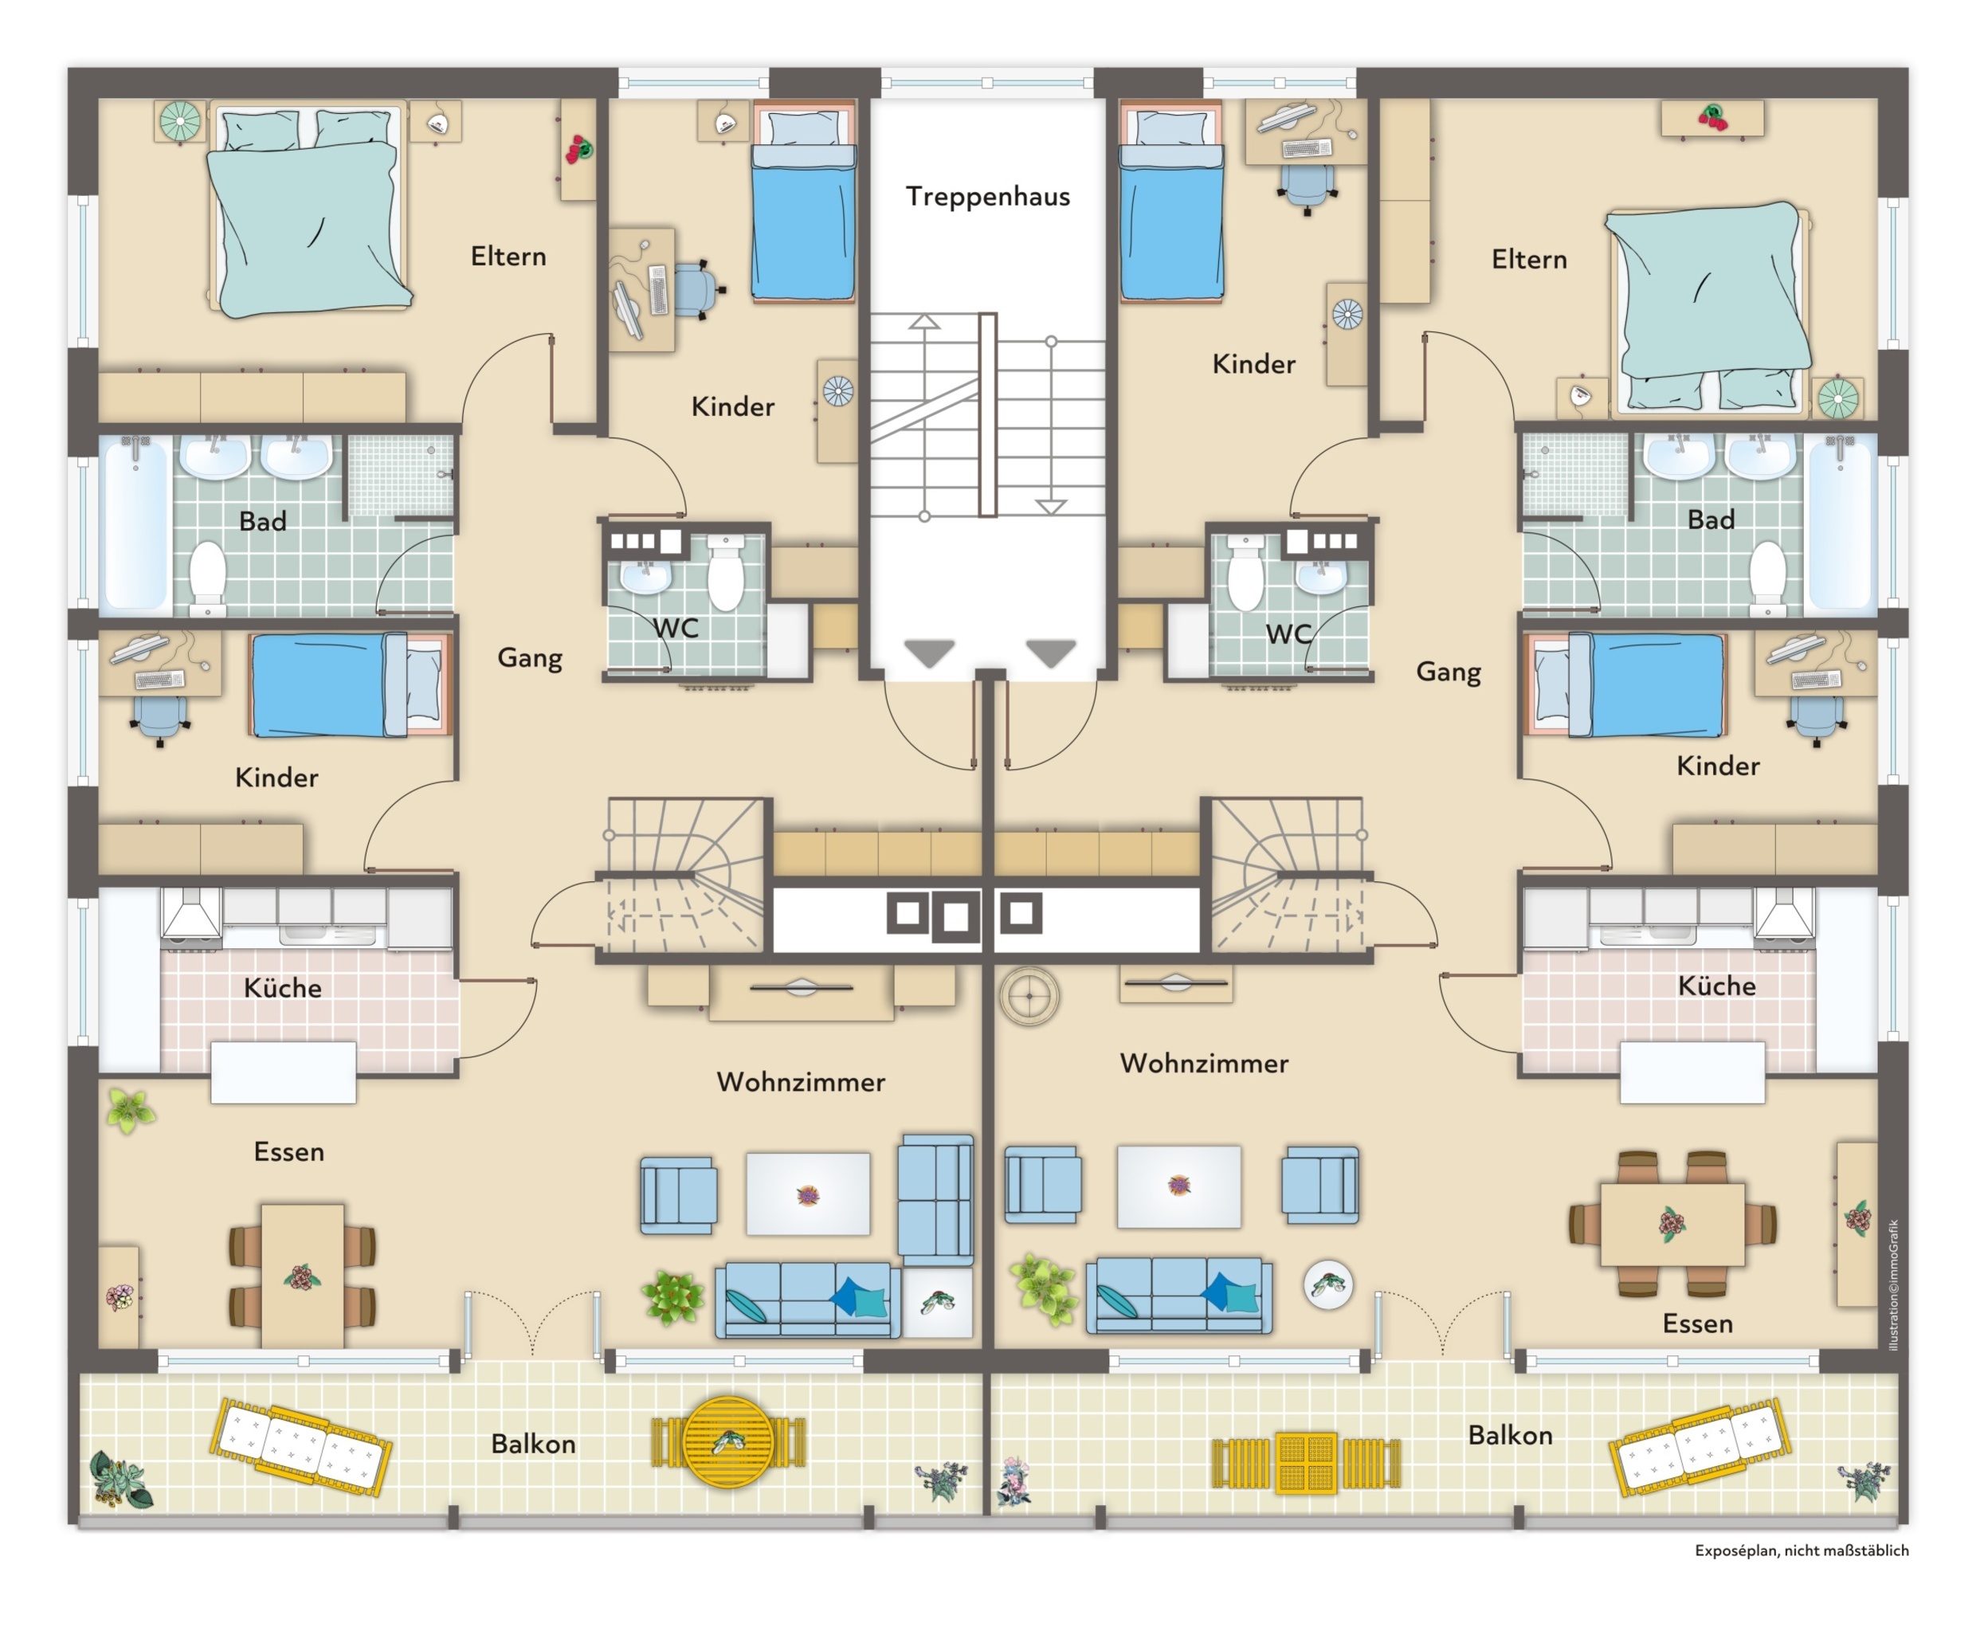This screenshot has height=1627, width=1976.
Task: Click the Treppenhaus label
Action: (987, 197)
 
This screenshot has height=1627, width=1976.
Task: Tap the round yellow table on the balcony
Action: (728, 1441)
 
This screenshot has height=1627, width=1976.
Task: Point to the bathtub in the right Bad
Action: (1839, 525)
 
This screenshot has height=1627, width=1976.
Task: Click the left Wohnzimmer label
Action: (801, 1083)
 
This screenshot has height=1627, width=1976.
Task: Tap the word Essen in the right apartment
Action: (1698, 1323)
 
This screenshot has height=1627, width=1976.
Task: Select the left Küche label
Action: (282, 988)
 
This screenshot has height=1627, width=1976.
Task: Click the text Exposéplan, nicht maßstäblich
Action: (1802, 1551)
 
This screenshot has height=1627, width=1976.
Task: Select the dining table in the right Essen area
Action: (1672, 1224)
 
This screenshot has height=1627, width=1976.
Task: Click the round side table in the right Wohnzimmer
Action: (1328, 1284)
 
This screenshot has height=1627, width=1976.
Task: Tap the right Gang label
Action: (1449, 672)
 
